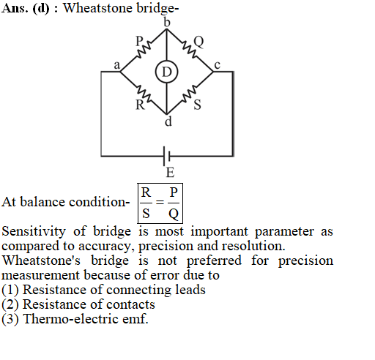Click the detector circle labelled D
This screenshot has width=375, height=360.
[167, 72]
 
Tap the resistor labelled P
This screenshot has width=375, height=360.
[144, 50]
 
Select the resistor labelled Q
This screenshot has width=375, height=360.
[189, 50]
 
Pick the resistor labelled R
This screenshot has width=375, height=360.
[144, 94]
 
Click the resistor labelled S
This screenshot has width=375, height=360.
[190, 94]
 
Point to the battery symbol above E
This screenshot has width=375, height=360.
[167, 156]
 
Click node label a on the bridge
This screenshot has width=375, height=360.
[117, 65]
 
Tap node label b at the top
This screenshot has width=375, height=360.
[167, 23]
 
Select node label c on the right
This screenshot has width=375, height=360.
[218, 65]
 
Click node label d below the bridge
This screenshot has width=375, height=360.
[168, 121]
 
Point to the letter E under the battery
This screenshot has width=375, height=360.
[170, 173]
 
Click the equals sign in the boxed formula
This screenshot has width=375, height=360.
[160, 203]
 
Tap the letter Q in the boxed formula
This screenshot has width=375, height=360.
[174, 214]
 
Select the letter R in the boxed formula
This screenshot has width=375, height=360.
[146, 192]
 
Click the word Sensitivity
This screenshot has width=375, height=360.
[34, 231]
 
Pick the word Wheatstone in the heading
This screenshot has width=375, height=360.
[98, 8]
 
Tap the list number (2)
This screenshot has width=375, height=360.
[10, 304]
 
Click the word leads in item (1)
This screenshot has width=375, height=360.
[190, 290]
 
